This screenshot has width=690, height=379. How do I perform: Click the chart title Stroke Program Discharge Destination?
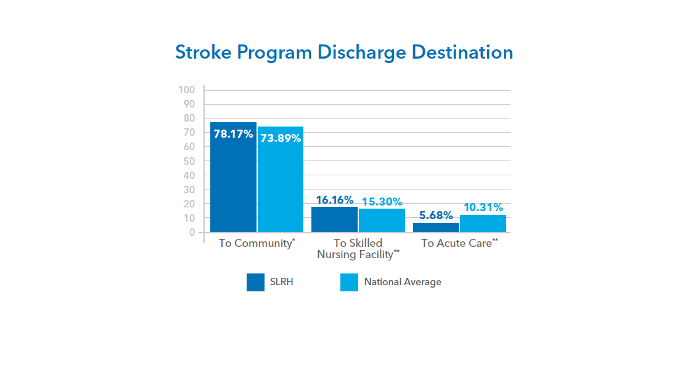[344, 52]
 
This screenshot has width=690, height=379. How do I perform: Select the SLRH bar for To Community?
[233, 185]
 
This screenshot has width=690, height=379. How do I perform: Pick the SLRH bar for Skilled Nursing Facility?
[334, 220]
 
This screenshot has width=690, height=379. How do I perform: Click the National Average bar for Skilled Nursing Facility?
[382, 221]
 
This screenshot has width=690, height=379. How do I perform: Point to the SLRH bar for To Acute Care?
[435, 228]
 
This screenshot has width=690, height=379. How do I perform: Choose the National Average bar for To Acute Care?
[483, 224]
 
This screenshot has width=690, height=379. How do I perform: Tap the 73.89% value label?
[281, 138]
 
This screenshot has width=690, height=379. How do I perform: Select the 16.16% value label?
[335, 200]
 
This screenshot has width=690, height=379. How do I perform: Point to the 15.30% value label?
[382, 202]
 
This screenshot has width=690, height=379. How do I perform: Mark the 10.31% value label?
[483, 208]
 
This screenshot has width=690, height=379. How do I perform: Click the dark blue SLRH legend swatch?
[255, 282]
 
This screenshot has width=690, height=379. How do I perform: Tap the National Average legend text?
[403, 282]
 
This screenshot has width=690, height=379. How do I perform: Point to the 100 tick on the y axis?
[187, 90]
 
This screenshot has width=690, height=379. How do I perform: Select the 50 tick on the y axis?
[189, 161]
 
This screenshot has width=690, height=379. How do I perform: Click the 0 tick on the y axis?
[192, 233]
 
